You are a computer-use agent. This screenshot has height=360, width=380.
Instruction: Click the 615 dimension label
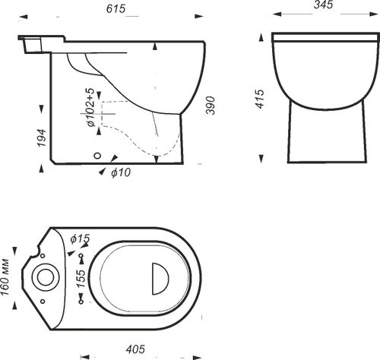[x=116, y=8]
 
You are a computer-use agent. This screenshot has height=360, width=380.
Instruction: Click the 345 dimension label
[x=323, y=5]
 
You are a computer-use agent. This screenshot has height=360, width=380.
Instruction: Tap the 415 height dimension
[x=260, y=99]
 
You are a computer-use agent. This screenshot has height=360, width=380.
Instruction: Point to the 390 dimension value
[x=211, y=106]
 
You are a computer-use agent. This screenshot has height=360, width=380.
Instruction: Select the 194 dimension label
[x=42, y=138]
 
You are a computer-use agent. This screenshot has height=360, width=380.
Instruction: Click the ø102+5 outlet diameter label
[x=90, y=107]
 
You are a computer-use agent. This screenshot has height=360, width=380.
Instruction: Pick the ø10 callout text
[x=121, y=172]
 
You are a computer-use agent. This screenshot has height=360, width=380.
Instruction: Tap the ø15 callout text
[x=80, y=238]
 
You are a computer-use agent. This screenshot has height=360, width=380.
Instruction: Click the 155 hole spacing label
[x=81, y=279]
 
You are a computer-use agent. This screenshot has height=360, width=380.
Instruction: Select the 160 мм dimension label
[x=5, y=277]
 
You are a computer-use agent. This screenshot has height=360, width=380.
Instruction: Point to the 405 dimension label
[x=135, y=349]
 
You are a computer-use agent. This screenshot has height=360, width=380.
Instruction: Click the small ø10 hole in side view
[x=97, y=156]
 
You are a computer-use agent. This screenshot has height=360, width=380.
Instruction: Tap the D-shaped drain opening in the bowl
[x=160, y=279]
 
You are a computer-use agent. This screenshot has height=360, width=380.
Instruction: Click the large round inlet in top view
[x=46, y=277]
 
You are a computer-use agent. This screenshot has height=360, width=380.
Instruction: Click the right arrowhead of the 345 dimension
[x=375, y=14]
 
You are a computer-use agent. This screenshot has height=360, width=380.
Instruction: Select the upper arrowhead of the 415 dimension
[x=261, y=38]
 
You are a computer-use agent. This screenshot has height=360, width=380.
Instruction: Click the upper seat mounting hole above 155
[x=81, y=255]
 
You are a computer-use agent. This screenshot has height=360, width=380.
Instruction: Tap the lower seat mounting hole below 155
[x=81, y=302]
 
